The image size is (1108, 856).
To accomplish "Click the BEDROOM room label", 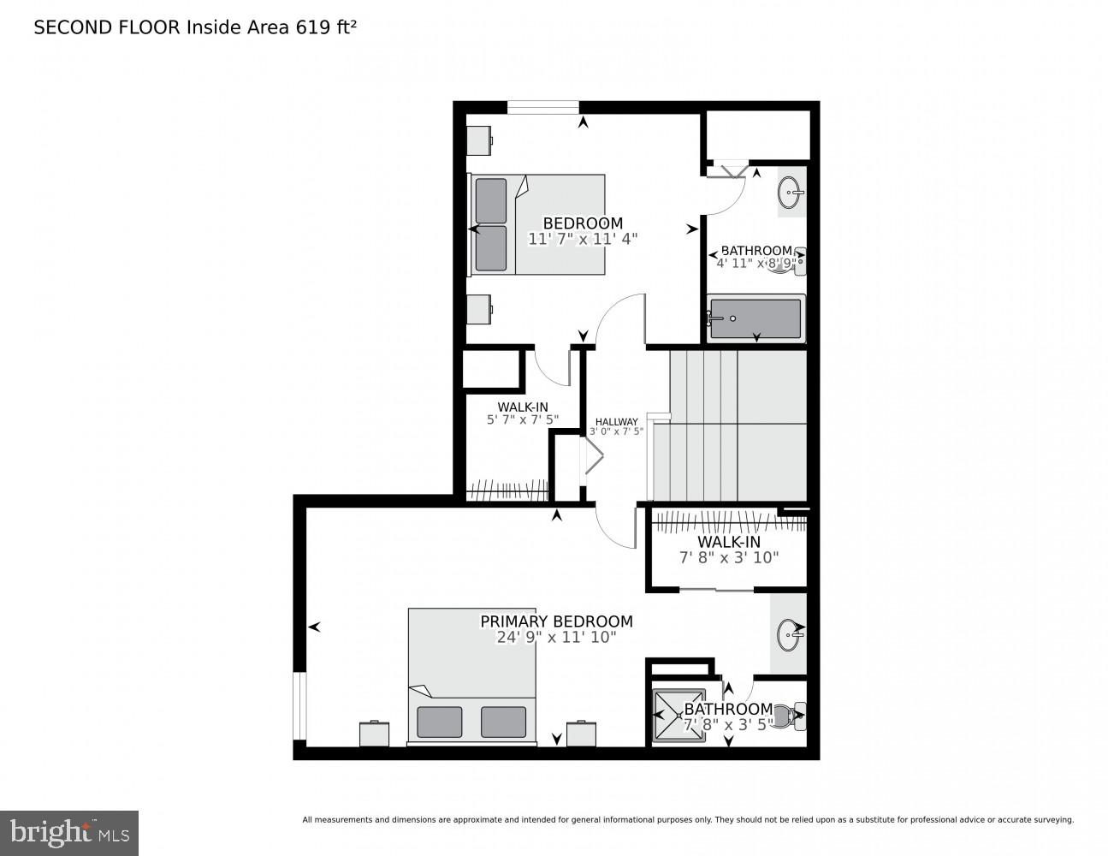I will (x=583, y=223).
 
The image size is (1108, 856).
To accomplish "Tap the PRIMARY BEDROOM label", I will (x=556, y=621).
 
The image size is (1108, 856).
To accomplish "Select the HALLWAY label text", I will (x=616, y=421).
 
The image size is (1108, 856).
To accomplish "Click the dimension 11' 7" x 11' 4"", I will (x=583, y=240).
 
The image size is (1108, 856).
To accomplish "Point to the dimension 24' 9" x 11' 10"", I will (x=556, y=638).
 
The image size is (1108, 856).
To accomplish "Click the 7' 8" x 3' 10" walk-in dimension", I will (x=729, y=558).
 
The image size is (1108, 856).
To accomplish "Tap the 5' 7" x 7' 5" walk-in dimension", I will (x=523, y=419).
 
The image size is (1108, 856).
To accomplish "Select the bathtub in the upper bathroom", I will (x=755, y=318).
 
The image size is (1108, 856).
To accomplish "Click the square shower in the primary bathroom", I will (x=678, y=715).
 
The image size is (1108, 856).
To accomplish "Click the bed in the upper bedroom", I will (x=537, y=224).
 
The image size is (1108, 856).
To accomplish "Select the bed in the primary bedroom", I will (x=471, y=676).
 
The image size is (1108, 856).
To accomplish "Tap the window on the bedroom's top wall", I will (x=542, y=107).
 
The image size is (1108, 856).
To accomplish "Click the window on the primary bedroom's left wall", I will (x=299, y=705).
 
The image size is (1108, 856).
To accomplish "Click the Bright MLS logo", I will (x=69, y=832).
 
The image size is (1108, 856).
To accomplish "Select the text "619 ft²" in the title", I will (x=326, y=27).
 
